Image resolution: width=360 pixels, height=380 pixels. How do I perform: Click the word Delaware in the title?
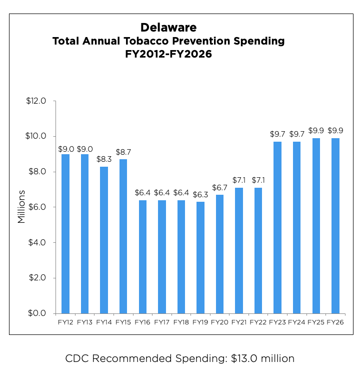tap(168, 27)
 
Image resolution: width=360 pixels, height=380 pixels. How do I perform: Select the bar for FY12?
tap(65, 233)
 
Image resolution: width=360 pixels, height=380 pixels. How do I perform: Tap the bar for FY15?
tap(123, 236)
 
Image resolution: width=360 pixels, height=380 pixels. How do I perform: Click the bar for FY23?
tap(277, 227)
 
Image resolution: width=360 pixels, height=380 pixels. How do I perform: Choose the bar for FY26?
tap(335, 225)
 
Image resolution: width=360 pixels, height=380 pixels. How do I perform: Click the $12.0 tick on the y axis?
tap(36, 101)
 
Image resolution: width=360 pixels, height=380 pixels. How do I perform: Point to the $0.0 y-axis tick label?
tap(37, 313)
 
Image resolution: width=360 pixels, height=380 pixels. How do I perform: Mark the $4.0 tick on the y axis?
tap(37, 242)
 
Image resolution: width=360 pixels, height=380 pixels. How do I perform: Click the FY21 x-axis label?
tap(239, 322)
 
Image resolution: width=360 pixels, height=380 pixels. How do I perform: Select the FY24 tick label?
tap(297, 322)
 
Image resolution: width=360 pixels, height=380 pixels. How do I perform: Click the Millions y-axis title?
tap(21, 207)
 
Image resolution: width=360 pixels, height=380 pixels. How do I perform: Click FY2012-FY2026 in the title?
tap(168, 55)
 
